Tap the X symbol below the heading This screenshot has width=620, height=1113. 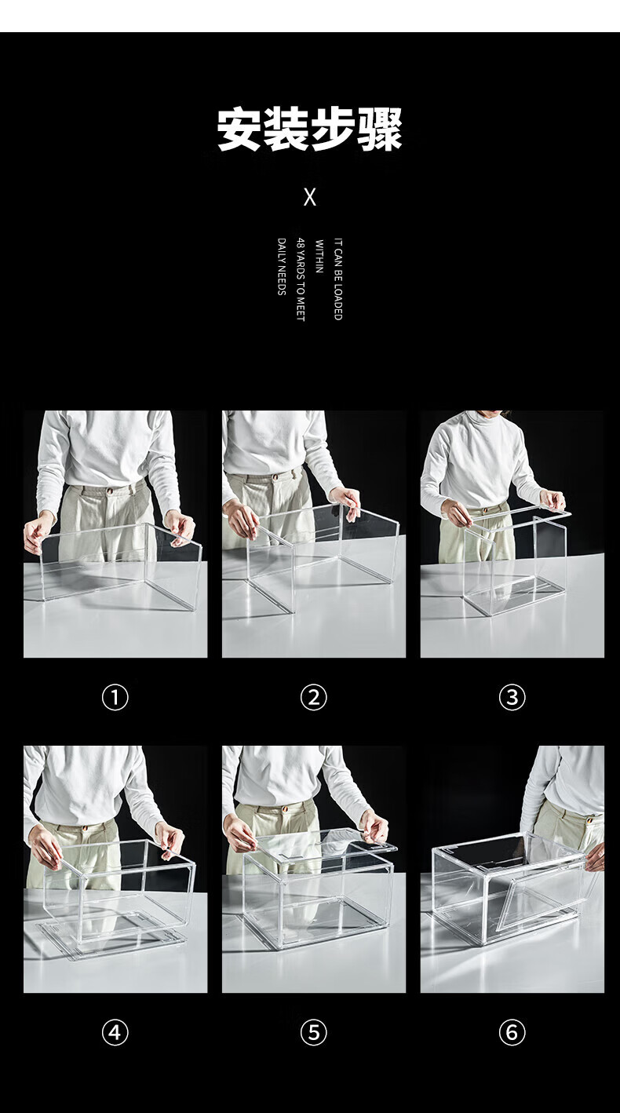click(309, 198)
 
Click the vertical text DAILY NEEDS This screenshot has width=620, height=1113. click(282, 267)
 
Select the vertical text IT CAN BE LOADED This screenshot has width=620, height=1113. click(338, 279)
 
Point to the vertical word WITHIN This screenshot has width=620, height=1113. click(319, 257)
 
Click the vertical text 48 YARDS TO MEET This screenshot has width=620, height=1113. click(301, 279)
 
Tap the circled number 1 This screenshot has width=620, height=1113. click(115, 698)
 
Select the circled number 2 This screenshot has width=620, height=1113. click(313, 698)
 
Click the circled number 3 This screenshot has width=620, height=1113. click(512, 698)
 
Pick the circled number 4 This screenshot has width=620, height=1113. click(115, 1033)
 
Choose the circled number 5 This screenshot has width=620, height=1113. click(313, 1033)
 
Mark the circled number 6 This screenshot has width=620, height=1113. click(512, 1033)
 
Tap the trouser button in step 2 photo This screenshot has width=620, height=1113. click(275, 477)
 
